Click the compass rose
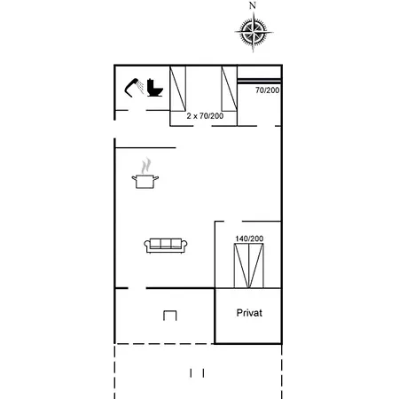click(254, 32)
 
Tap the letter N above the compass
click(252, 5)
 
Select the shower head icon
click(134, 87)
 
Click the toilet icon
click(154, 88)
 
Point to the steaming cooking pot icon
click(145, 174)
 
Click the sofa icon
click(166, 246)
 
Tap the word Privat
click(249, 313)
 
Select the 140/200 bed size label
click(249, 239)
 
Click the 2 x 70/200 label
click(205, 116)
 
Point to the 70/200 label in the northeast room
click(267, 90)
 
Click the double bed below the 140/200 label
click(249, 265)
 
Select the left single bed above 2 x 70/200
click(177, 89)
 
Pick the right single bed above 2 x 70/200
click(230, 89)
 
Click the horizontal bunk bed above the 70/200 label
click(259, 81)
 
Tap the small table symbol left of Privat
click(170, 316)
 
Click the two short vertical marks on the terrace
click(197, 373)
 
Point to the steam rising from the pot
click(145, 166)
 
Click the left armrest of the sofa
click(147, 245)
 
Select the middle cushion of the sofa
click(166, 243)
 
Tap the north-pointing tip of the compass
click(254, 12)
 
